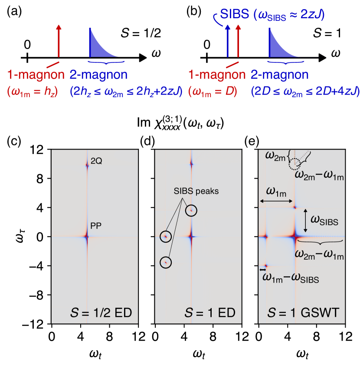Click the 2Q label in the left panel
pyautogui.click(x=96, y=161)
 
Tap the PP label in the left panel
pyautogui.click(x=96, y=226)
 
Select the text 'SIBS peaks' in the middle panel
pyautogui.click(x=190, y=191)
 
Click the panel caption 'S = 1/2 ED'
pyautogui.click(x=101, y=313)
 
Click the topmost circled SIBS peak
pyautogui.click(x=190, y=211)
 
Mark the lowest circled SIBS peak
pyautogui.click(x=166, y=262)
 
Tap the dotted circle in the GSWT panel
pyautogui.click(x=295, y=164)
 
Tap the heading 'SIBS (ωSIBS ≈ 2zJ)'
pyautogui.click(x=272, y=14)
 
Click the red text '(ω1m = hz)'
pyautogui.click(x=32, y=91)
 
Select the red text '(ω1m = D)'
pyautogui.click(x=213, y=91)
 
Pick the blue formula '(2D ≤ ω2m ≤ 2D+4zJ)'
pyautogui.click(x=304, y=91)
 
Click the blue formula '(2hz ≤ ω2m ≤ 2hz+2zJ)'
pyautogui.click(x=126, y=91)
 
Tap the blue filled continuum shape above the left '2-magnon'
pyautogui.click(x=98, y=46)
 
